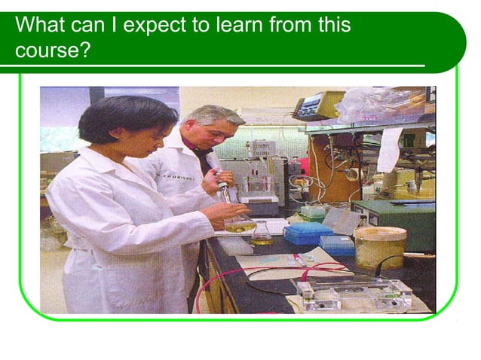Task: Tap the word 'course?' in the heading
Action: pyautogui.click(x=47, y=52)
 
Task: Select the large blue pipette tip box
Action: pyautogui.click(x=307, y=232)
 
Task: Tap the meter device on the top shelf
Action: pyautogui.click(x=317, y=108)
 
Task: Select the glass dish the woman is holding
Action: pyautogui.click(x=240, y=224)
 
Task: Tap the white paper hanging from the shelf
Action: pyautogui.click(x=389, y=148)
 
